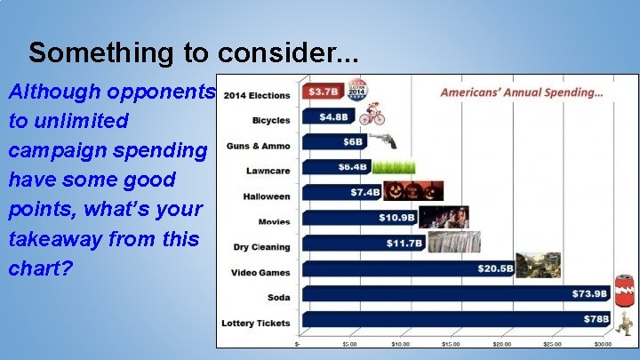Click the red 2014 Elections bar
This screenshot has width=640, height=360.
319,92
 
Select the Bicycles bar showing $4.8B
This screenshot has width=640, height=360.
330,116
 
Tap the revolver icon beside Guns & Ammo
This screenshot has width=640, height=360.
381,141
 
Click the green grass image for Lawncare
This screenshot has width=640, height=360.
394,166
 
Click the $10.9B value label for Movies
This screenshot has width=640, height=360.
397,218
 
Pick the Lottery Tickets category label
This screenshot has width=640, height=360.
256,323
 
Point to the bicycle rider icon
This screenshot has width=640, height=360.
372,116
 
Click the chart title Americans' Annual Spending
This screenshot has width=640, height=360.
522,92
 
